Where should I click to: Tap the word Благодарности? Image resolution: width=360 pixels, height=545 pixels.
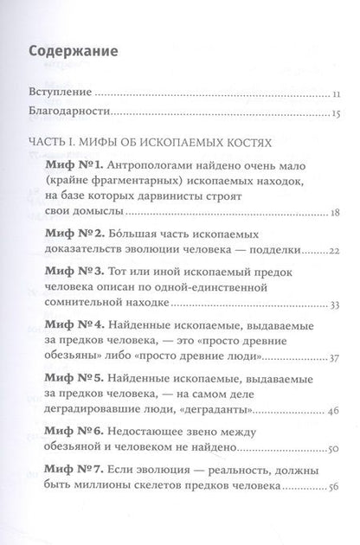pyautogui.click(x=69, y=112)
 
